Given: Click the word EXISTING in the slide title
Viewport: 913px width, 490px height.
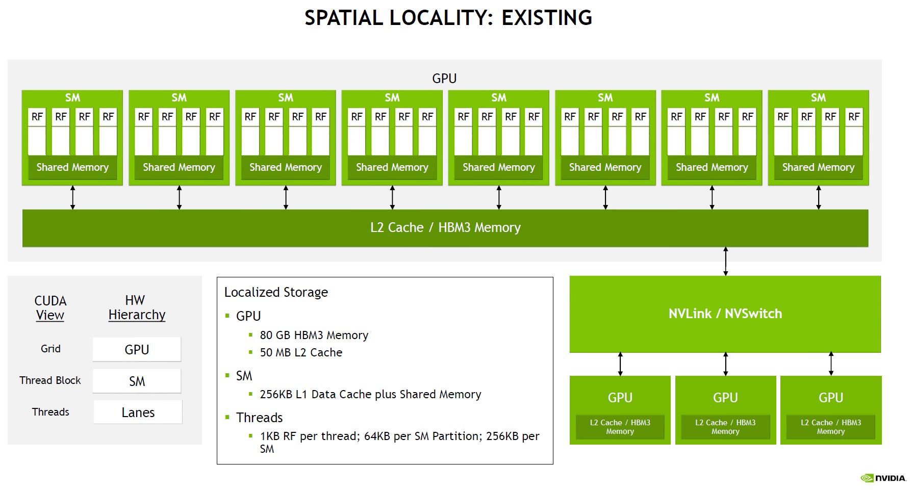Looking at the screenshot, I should click(547, 18).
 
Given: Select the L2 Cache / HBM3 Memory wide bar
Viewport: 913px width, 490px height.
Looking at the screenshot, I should click(445, 228).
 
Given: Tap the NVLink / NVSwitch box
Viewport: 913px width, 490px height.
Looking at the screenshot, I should click(725, 314).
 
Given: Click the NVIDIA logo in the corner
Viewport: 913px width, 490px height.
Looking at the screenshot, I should click(883, 478).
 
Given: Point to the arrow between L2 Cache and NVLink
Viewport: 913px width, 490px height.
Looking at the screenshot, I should click(725, 261).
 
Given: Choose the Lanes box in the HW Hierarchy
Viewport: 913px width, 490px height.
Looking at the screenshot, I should click(138, 412).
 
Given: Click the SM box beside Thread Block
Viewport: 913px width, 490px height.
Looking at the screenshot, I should click(137, 381).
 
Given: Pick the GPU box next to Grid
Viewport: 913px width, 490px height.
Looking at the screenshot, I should click(137, 350).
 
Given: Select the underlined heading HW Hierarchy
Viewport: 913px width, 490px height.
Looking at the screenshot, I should click(137, 307).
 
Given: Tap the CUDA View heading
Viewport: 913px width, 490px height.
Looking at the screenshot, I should click(50, 308).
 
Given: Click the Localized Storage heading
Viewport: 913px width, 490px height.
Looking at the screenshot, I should click(276, 292).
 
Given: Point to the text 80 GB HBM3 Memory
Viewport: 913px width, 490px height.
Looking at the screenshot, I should click(314, 335).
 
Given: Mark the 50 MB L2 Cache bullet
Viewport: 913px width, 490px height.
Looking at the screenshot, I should click(301, 352).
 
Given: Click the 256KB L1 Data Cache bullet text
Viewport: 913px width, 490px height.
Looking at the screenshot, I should click(370, 394).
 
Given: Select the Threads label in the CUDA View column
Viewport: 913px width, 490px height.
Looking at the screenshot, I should click(50, 412).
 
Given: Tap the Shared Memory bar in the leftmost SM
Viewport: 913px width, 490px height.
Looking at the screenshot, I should click(72, 168).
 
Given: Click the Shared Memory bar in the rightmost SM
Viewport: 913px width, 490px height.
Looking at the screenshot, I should click(818, 168).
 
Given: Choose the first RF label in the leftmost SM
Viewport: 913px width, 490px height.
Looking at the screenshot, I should click(37, 117).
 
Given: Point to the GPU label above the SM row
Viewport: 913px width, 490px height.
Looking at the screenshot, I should click(444, 79).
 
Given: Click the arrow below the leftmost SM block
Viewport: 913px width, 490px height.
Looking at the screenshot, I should click(72, 197).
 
